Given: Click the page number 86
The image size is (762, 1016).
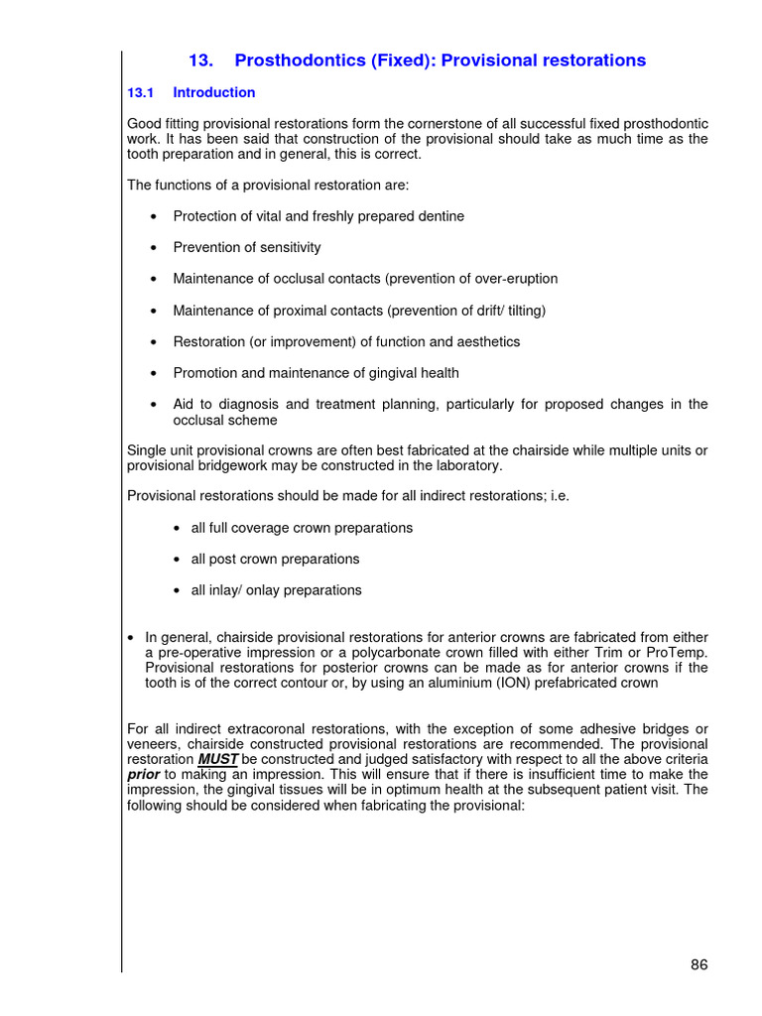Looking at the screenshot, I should pos(698,964).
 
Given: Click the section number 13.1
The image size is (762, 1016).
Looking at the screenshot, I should pos(142,92).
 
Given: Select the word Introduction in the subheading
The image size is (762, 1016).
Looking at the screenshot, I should pos(214,92).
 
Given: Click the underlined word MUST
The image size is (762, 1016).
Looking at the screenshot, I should pos(217,759).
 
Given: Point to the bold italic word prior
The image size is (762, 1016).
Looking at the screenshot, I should pos(144,774).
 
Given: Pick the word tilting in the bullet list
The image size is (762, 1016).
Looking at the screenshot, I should pos(522,311).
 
